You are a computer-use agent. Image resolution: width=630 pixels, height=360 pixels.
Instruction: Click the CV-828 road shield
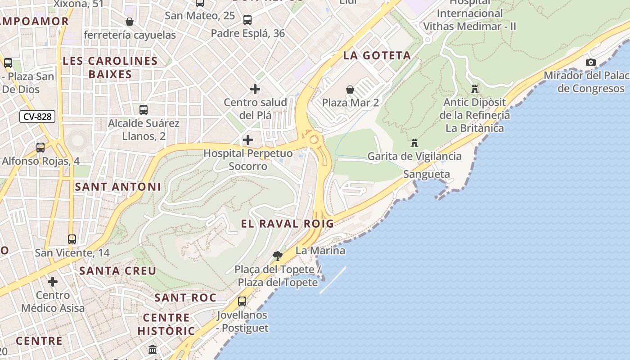pos(37,117)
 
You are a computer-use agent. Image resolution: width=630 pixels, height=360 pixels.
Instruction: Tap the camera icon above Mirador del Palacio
pos(591,62)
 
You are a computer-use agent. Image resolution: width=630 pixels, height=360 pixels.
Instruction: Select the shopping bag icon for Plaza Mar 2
pos(350,90)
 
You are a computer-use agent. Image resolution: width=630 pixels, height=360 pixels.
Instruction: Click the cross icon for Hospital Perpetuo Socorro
pos(248,140)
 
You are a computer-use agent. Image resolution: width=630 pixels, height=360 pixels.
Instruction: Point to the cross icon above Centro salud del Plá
pos(255,89)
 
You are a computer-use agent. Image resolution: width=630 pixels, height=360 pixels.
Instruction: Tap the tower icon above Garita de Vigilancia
pos(414,143)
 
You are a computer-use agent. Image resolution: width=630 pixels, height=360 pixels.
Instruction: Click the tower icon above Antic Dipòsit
pos(474,89)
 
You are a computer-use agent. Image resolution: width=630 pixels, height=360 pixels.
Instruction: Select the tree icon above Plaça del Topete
pos(278,256)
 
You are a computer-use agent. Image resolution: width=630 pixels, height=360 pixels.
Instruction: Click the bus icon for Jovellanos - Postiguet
pos(242,301)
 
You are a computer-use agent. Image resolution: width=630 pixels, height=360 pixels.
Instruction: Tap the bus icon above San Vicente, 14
pos(72,239)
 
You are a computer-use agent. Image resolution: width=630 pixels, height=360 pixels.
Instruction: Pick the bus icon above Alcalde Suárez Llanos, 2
pos(144,109)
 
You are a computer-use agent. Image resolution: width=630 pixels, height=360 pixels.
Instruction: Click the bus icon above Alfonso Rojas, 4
pos(40,147)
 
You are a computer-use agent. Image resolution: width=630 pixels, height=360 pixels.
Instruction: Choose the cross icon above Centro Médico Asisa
pos(53,282)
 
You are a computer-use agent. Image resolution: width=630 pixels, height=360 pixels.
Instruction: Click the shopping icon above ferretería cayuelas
pos(130,21)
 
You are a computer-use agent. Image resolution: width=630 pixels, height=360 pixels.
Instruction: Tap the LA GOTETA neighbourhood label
pos(377,55)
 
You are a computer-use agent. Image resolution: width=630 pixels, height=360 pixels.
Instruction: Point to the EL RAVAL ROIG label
pos(288,224)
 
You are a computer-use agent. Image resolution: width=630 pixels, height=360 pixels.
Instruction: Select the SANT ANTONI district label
pos(118,186)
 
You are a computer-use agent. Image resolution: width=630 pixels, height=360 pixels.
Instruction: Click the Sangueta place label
pos(427,174)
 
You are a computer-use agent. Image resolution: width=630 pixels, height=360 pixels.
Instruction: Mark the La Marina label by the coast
pos(320,251)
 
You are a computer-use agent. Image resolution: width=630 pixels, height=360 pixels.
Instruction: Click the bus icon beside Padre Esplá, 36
pos(247,20)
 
